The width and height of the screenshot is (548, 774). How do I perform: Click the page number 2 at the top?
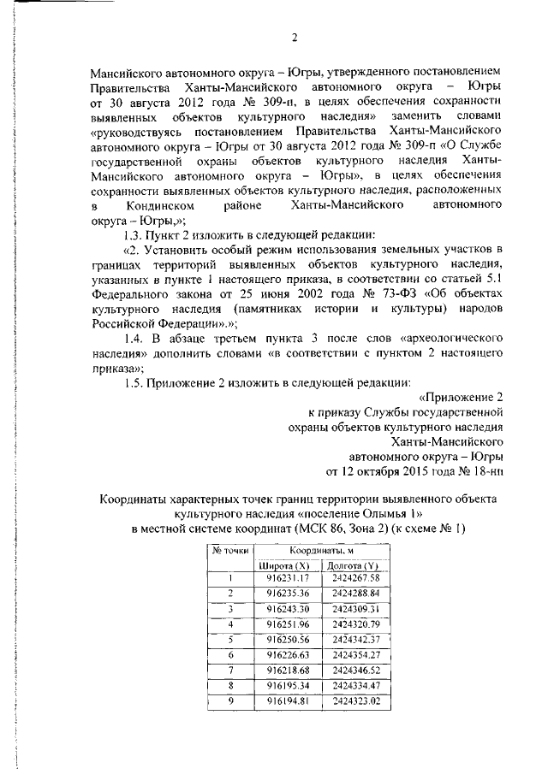coord(293,37)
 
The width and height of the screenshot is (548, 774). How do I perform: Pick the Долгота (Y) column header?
coord(352,565)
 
